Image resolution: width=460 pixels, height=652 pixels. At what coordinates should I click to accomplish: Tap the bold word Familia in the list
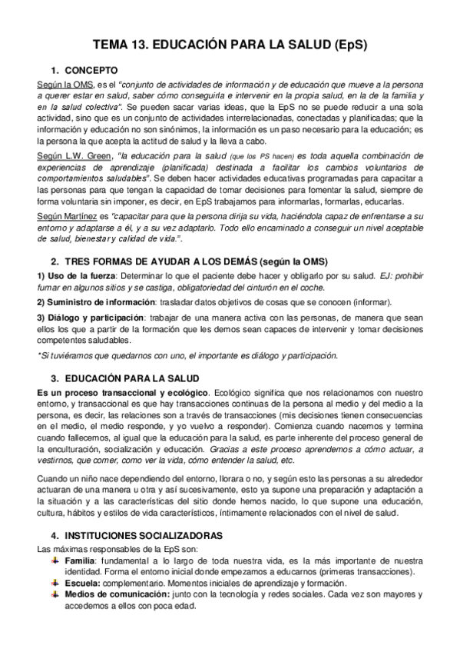[x=81, y=561]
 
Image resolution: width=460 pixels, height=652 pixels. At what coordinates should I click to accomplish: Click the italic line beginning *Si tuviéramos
[x=188, y=355]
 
